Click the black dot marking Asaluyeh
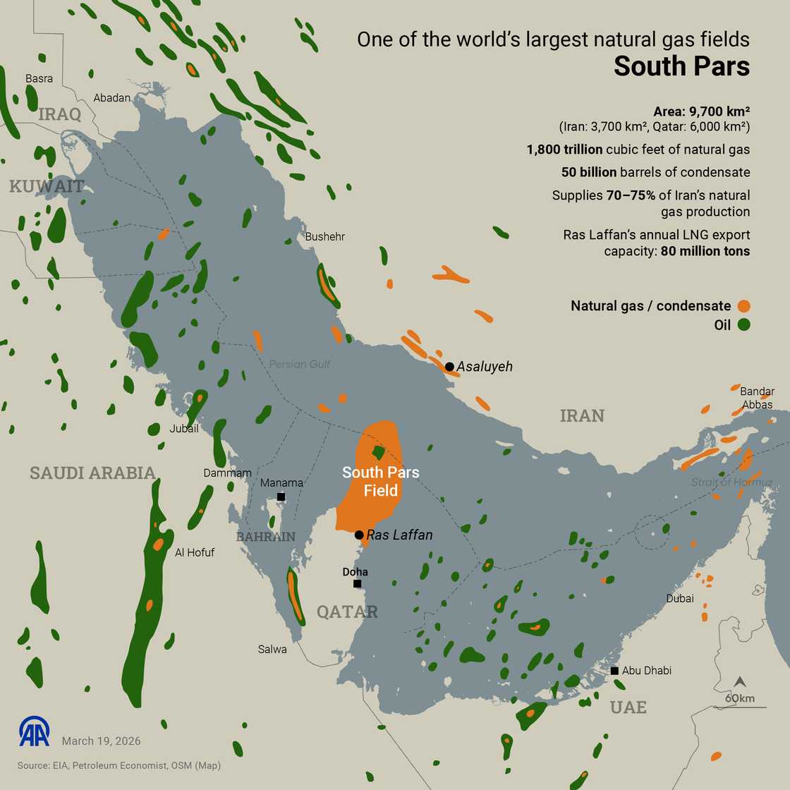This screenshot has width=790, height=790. [449, 366]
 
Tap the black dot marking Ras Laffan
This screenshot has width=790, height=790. [359, 535]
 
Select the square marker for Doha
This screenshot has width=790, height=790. [358, 584]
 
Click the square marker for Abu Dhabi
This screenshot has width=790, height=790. [615, 670]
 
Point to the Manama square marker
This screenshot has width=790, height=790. [281, 497]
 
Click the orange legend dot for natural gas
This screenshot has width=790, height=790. [743, 306]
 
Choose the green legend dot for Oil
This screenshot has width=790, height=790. [743, 325]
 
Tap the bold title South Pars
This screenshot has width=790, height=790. [681, 66]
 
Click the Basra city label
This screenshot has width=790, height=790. [39, 78]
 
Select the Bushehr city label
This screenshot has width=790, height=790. [325, 236]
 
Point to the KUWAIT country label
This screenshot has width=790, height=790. [47, 187]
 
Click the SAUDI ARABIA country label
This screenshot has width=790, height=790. [92, 473]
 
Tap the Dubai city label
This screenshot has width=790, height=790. [680, 598]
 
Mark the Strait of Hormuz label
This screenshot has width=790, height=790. [732, 482]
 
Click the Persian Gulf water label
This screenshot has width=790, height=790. [300, 364]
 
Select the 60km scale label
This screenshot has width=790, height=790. [740, 698]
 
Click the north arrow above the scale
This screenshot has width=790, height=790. [740, 682]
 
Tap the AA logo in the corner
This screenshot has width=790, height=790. [35, 732]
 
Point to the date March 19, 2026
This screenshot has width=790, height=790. [101, 741]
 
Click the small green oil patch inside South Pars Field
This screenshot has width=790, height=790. [379, 452]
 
